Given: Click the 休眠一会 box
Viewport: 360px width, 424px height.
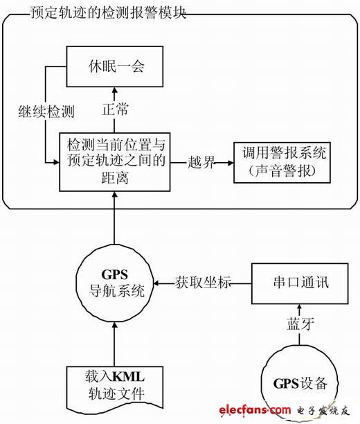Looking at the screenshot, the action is tap(115, 67).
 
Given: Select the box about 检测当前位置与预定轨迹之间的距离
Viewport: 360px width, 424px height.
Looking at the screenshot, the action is tap(115, 162).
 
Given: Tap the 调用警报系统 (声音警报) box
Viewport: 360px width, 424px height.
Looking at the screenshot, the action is tap(282, 163).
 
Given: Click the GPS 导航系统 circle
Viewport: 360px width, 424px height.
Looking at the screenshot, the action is tap(115, 284).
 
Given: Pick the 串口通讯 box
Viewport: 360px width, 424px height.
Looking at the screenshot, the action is tap(300, 283).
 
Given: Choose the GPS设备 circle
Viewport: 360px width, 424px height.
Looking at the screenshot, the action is tap(300, 383).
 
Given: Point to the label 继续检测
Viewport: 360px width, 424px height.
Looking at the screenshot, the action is tap(46, 111).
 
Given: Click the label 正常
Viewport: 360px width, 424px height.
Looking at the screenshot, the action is tap(115, 109).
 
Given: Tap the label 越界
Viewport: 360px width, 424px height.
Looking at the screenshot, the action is tap(201, 163).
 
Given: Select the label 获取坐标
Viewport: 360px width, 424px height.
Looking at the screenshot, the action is tap(203, 283).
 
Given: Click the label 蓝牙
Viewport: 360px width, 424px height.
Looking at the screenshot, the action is tap(300, 324).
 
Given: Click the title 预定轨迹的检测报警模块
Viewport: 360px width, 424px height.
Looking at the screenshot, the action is tap(108, 12).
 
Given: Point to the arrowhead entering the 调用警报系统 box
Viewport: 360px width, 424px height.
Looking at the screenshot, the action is tap(231, 163).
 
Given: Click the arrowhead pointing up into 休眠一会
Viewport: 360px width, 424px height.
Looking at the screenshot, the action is tap(115, 90).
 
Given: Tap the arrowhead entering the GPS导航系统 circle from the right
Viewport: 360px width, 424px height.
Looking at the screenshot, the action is tap(156, 283).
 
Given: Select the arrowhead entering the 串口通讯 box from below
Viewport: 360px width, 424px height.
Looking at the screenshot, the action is tap(300, 308).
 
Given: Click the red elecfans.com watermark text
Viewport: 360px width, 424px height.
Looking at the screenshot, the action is tap(255, 410).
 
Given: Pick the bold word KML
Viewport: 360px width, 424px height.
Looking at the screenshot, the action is tap(128, 377).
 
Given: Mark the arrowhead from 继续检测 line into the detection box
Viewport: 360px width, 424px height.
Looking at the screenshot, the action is tap(56, 162).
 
